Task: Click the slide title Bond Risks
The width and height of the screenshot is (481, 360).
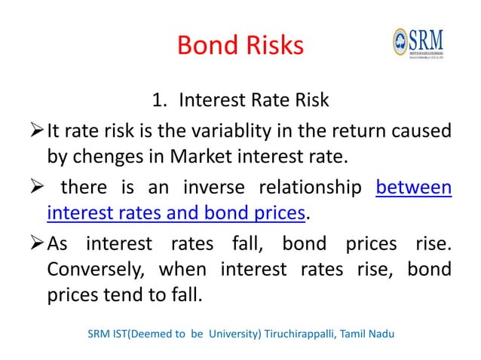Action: coord(240,46)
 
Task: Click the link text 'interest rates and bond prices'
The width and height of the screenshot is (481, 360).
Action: coord(176,214)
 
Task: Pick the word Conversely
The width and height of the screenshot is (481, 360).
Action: coord(95,269)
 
